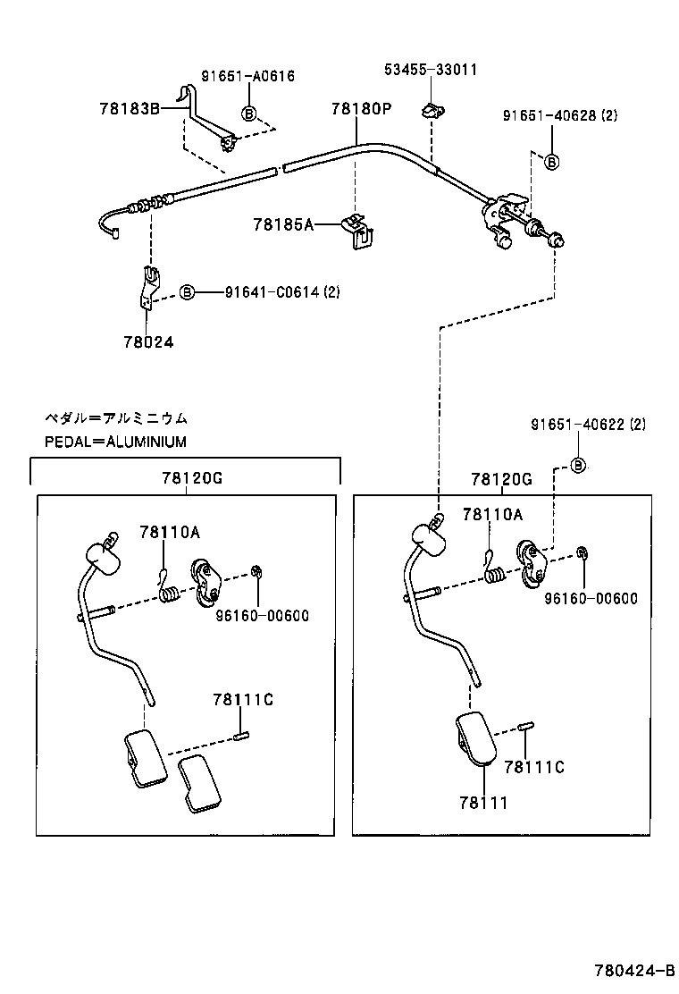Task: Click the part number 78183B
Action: point(130,109)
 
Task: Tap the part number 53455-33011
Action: point(431,69)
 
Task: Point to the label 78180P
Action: point(361,109)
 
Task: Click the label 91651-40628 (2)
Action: point(559,114)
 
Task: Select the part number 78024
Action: point(148,341)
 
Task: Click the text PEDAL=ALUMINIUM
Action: point(115,442)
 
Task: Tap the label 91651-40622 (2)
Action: point(587,425)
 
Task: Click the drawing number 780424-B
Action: point(635,970)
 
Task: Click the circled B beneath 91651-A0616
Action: point(249,114)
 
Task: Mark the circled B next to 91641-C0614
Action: point(188,292)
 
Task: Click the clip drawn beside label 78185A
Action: point(358,228)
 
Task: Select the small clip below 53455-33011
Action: point(431,111)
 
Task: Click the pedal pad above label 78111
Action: point(476,738)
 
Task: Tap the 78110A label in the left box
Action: point(169,532)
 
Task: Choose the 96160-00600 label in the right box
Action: point(591,599)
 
